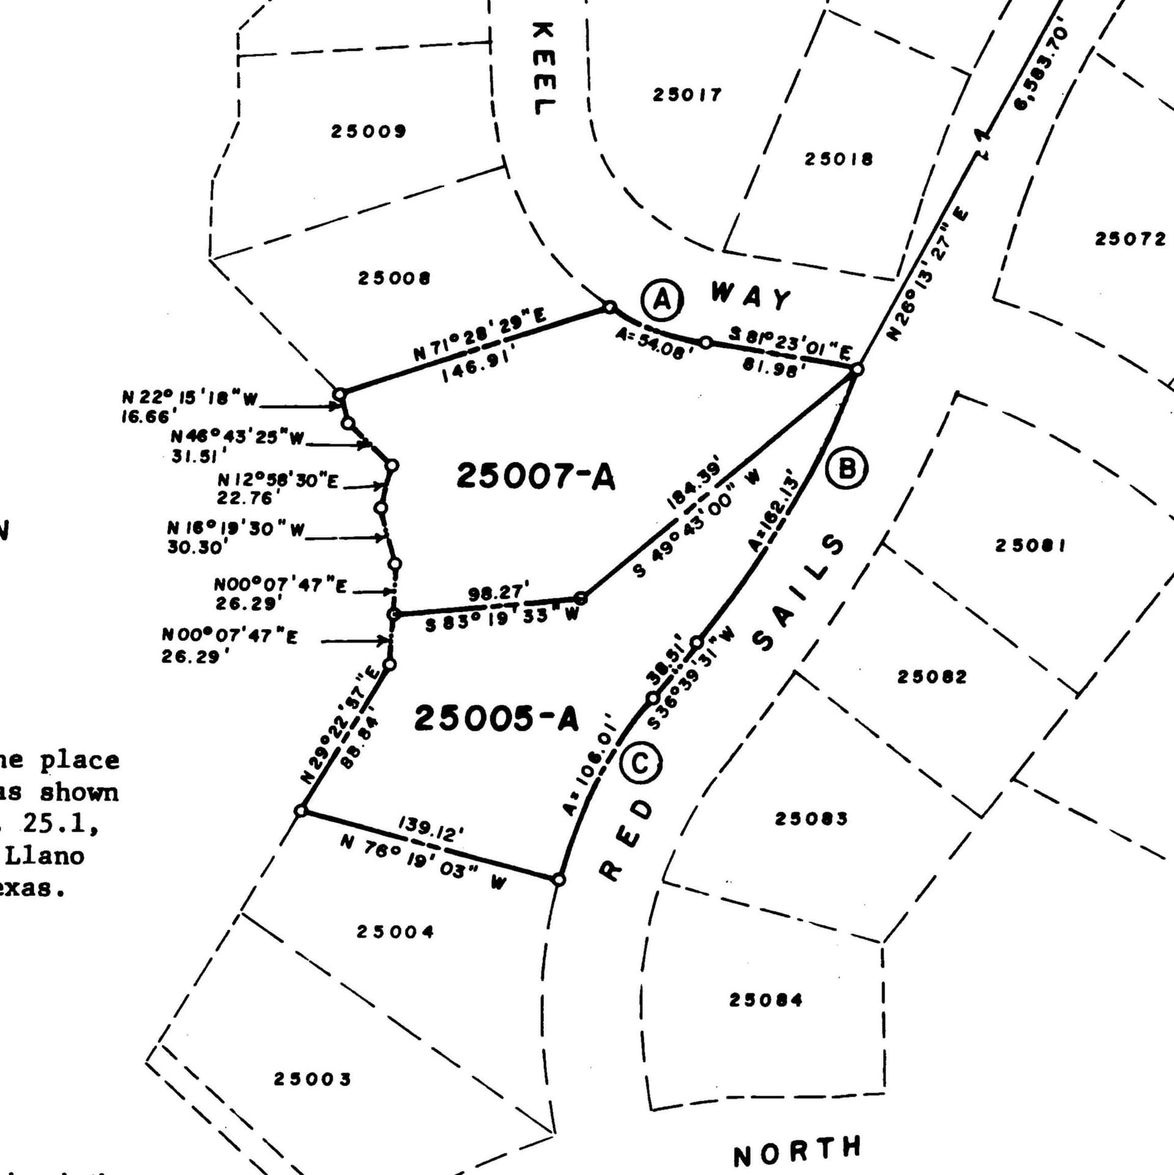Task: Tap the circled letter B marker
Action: pos(847,469)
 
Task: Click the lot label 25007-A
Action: pos(536,476)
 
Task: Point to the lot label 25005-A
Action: pos(496,718)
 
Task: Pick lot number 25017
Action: pos(687,95)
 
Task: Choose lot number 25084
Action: pos(766,1000)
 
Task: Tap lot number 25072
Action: pos(1130,239)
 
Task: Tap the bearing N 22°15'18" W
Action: pos(190,398)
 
